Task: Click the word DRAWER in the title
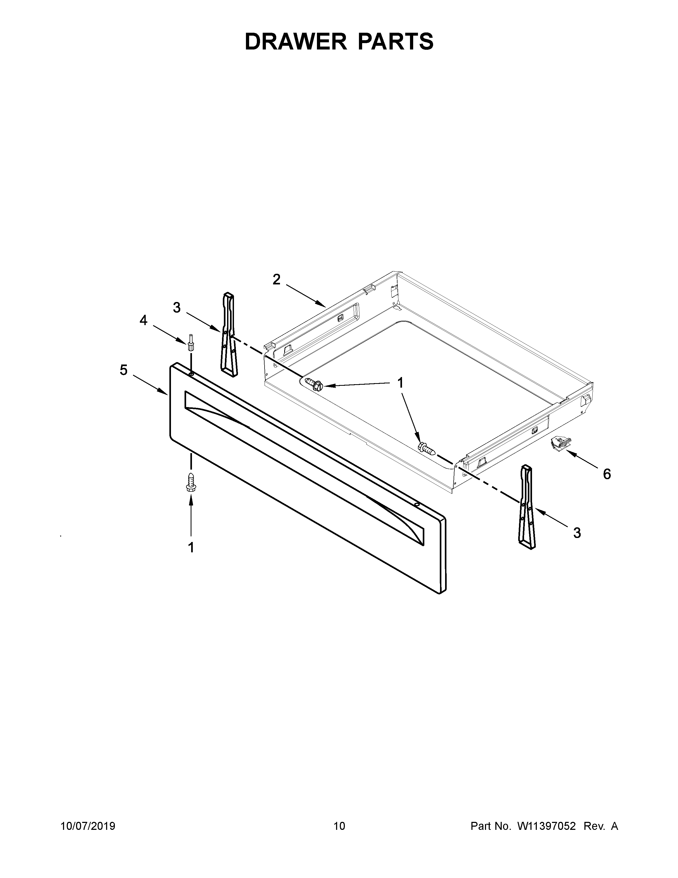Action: (296, 42)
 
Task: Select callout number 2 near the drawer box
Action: (276, 279)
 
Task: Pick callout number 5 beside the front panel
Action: (123, 370)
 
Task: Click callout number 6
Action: (607, 474)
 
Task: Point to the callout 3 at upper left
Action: (177, 308)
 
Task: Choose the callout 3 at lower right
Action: (577, 533)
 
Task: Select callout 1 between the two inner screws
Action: (400, 383)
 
